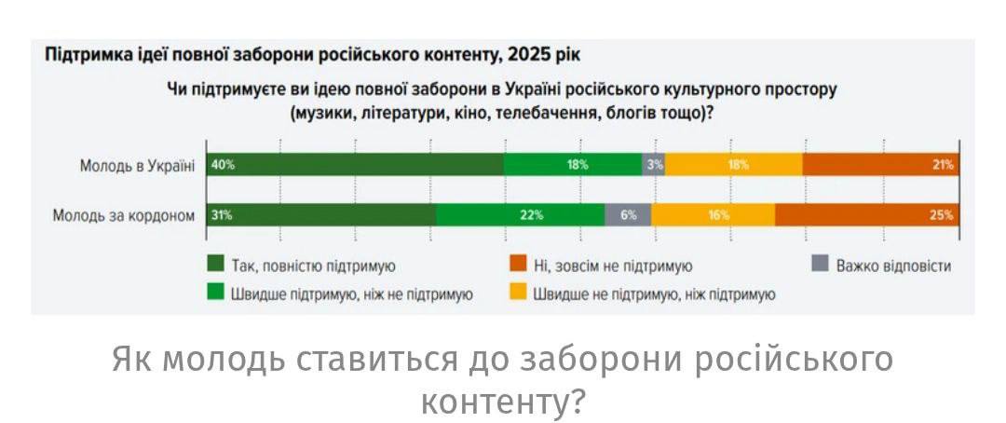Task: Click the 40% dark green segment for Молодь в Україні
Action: (x=355, y=165)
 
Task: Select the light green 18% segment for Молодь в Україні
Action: (x=573, y=165)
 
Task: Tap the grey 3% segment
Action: (x=654, y=165)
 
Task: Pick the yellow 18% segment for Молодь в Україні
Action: (x=734, y=165)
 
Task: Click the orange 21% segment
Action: (x=880, y=165)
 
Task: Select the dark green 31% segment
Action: (x=320, y=215)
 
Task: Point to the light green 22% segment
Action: (x=520, y=215)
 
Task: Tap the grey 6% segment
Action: (x=628, y=215)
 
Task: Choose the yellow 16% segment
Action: (x=713, y=215)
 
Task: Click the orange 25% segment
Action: (x=866, y=215)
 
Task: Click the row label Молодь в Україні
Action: (x=137, y=166)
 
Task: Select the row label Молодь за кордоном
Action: (x=124, y=215)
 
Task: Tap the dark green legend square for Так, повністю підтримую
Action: (x=215, y=266)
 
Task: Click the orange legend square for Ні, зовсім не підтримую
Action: (x=518, y=266)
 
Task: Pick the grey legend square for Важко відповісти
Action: (x=820, y=266)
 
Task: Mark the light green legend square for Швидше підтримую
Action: (x=215, y=293)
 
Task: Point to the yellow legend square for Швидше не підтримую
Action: (x=518, y=293)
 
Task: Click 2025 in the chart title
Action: (x=526, y=54)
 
